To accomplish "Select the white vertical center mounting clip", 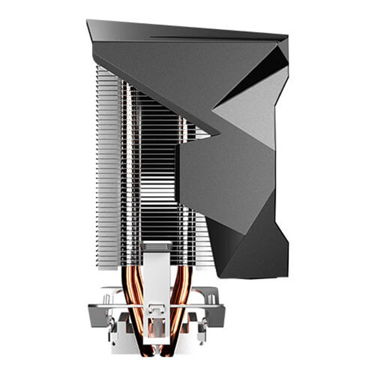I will click(157, 281).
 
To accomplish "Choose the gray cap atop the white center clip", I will click(157, 245).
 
